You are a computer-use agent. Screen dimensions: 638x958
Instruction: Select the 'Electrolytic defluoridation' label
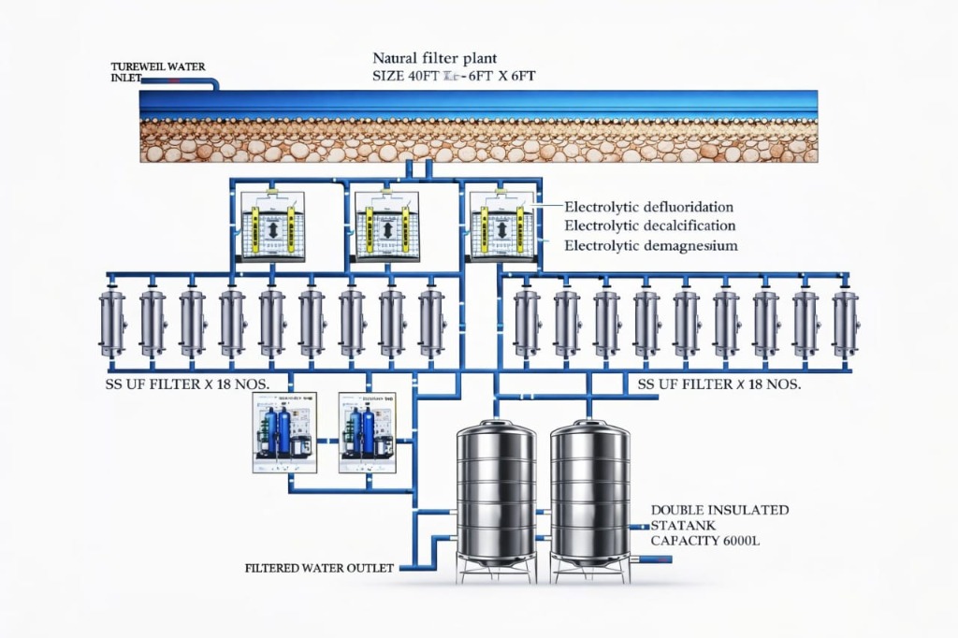(648, 206)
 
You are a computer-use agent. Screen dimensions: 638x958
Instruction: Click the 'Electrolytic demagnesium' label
(651, 246)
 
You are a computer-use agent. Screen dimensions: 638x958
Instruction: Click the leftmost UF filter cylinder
(112, 322)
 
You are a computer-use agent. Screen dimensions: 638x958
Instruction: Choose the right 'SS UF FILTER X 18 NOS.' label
(718, 384)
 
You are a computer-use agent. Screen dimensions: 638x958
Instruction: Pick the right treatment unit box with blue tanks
(368, 431)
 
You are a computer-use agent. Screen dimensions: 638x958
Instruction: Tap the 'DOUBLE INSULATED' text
(718, 511)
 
